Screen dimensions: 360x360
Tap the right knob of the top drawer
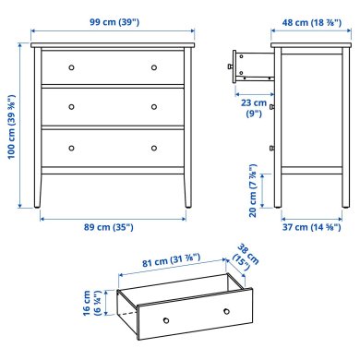pos(154,67)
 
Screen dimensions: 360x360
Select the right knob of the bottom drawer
pos(154,147)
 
